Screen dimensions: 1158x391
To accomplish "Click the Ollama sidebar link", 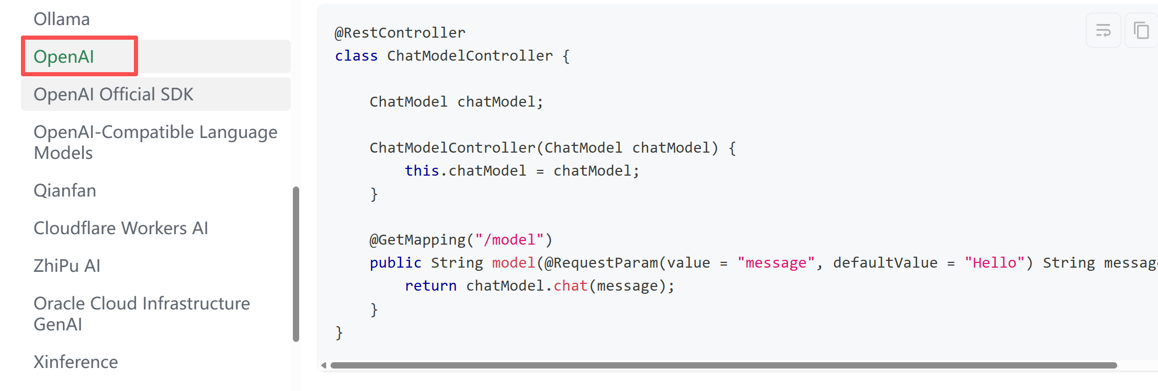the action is tap(62, 19).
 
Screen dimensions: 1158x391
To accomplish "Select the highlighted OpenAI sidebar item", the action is tap(64, 56).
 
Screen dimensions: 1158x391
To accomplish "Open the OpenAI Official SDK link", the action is tap(113, 95).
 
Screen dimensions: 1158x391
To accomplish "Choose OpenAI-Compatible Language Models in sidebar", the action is tap(155, 142).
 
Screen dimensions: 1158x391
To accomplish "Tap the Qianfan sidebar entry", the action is tap(65, 191).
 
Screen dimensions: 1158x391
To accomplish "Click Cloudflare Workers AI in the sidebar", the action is tap(121, 228).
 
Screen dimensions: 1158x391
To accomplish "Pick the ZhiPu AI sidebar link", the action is tap(67, 266).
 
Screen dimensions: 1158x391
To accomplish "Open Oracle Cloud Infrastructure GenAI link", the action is tap(142, 314).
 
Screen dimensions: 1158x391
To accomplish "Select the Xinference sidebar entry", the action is tap(76, 362).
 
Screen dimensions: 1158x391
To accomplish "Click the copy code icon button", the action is tap(1141, 30).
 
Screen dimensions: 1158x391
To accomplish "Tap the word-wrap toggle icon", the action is tap(1103, 30).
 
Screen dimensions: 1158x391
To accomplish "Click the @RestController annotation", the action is tap(400, 33).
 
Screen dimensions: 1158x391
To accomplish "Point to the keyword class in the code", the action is tap(356, 56).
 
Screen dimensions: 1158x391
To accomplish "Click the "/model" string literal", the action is tap(509, 240).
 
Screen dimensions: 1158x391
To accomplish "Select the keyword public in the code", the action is tap(395, 263).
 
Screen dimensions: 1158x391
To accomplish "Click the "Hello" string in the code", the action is tap(994, 263).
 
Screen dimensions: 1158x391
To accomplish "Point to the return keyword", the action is tap(430, 286).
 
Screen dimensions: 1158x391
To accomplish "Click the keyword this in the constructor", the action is tap(422, 171).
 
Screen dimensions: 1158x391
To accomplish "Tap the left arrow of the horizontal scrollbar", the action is tap(324, 365).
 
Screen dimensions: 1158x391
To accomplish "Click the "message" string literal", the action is tap(776, 263).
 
